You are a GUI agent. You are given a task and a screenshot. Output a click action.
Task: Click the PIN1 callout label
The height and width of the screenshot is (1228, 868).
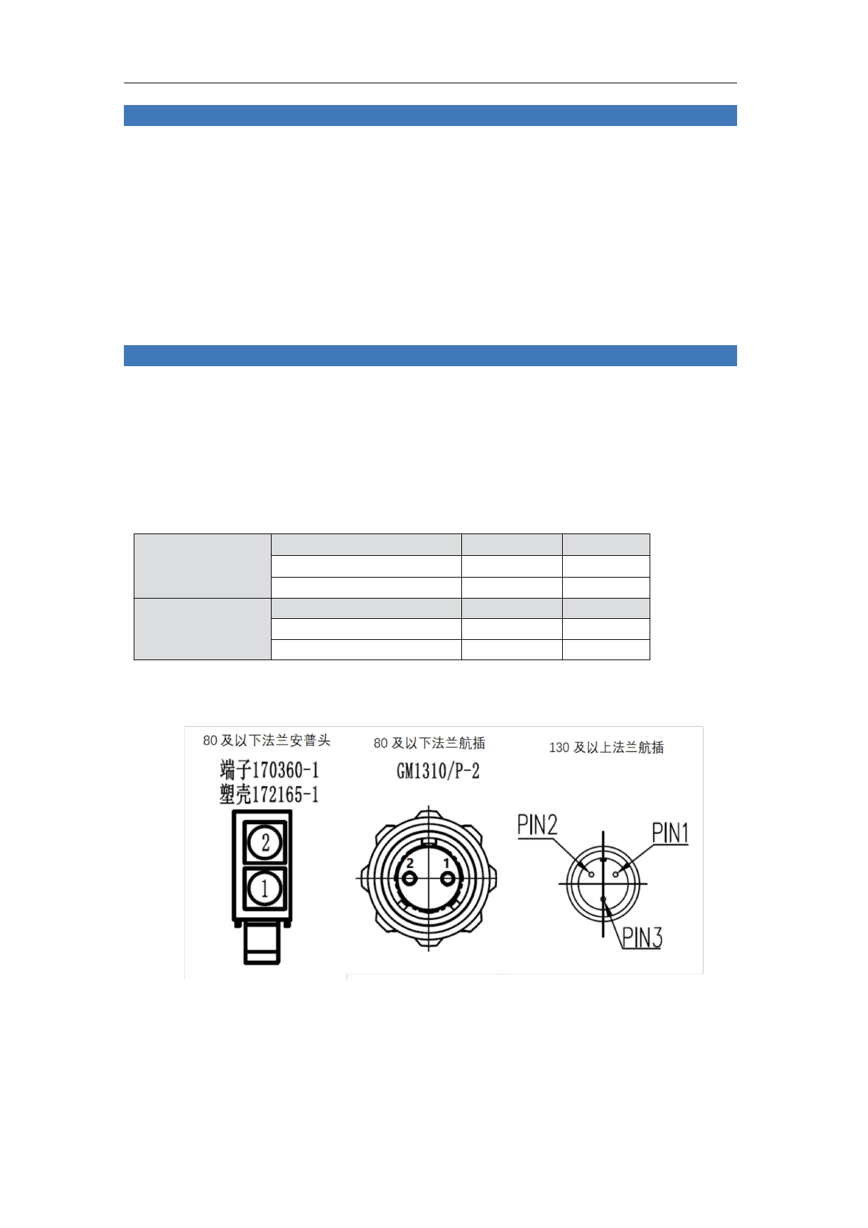(x=670, y=833)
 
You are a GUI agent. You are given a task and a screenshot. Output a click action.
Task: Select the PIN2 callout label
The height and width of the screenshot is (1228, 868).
(x=537, y=825)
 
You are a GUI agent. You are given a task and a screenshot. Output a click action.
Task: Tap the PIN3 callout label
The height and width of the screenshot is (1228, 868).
(x=642, y=937)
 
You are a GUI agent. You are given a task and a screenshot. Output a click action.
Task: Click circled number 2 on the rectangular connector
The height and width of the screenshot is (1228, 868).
(x=265, y=842)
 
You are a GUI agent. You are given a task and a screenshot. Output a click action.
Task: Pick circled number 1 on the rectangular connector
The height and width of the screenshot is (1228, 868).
(x=265, y=888)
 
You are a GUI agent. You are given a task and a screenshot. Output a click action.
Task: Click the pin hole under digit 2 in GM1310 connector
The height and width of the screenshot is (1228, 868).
(x=410, y=878)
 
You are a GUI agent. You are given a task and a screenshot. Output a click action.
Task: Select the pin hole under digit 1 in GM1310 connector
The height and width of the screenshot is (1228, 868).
(x=448, y=878)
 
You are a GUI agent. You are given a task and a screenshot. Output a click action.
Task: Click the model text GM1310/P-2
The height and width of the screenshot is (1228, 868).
(x=438, y=771)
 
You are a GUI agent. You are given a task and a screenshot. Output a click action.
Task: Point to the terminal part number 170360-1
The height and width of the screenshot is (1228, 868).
(x=286, y=770)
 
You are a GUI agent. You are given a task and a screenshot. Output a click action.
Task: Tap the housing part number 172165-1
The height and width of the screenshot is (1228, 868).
(x=286, y=795)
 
